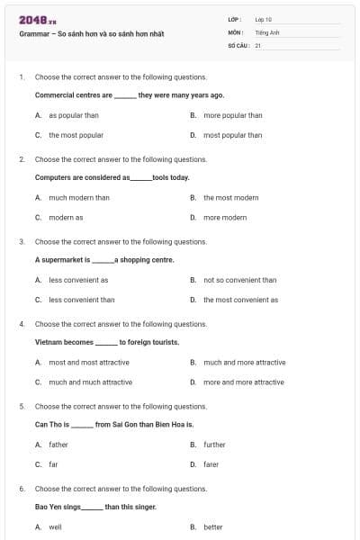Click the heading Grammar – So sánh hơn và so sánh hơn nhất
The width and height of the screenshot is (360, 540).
click(91, 34)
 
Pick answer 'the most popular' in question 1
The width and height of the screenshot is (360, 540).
click(76, 135)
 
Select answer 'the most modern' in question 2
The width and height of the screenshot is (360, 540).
click(230, 197)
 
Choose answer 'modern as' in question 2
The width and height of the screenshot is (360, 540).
click(66, 217)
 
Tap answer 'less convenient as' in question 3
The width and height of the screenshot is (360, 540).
click(78, 280)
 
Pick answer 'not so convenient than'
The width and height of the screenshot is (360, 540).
click(239, 280)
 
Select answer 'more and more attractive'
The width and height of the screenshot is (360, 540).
click(243, 382)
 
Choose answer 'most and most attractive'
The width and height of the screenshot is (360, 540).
click(88, 362)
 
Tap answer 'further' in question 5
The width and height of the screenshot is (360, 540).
click(214, 445)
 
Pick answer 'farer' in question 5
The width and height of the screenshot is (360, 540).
click(211, 464)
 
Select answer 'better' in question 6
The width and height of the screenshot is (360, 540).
click(212, 526)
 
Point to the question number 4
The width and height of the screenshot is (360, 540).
click(22, 324)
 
